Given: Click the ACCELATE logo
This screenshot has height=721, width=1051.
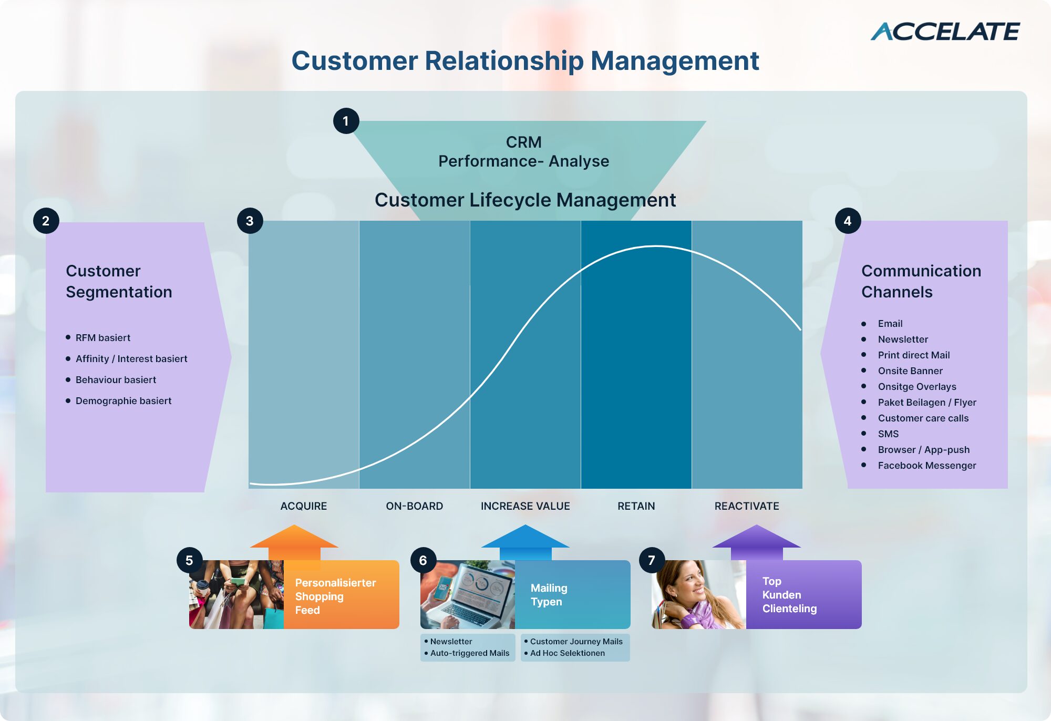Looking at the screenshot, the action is coord(945,32).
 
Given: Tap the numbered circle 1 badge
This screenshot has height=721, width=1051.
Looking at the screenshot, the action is coord(346,121).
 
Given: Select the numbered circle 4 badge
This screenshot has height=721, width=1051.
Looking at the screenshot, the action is coord(848,221).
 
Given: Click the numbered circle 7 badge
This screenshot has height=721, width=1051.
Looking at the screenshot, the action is coord(652,560).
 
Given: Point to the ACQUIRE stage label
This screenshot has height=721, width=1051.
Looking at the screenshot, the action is coord(304,506).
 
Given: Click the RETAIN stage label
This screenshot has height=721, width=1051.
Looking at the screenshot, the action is coord(636,506).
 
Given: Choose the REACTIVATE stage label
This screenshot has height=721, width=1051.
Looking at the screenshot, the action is coord(747,506).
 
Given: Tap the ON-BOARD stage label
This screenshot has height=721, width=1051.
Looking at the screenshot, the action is coord(415,506).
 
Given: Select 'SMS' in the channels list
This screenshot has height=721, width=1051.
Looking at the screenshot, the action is coord(888,434).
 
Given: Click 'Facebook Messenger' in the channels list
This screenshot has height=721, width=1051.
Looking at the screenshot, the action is coord(927,465).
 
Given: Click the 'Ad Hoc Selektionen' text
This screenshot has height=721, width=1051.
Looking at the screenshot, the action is coord(568,653).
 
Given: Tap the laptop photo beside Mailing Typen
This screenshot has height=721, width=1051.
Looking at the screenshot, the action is coord(468,594).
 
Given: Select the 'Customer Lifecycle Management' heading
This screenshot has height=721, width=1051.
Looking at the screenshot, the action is coord(525,200).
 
